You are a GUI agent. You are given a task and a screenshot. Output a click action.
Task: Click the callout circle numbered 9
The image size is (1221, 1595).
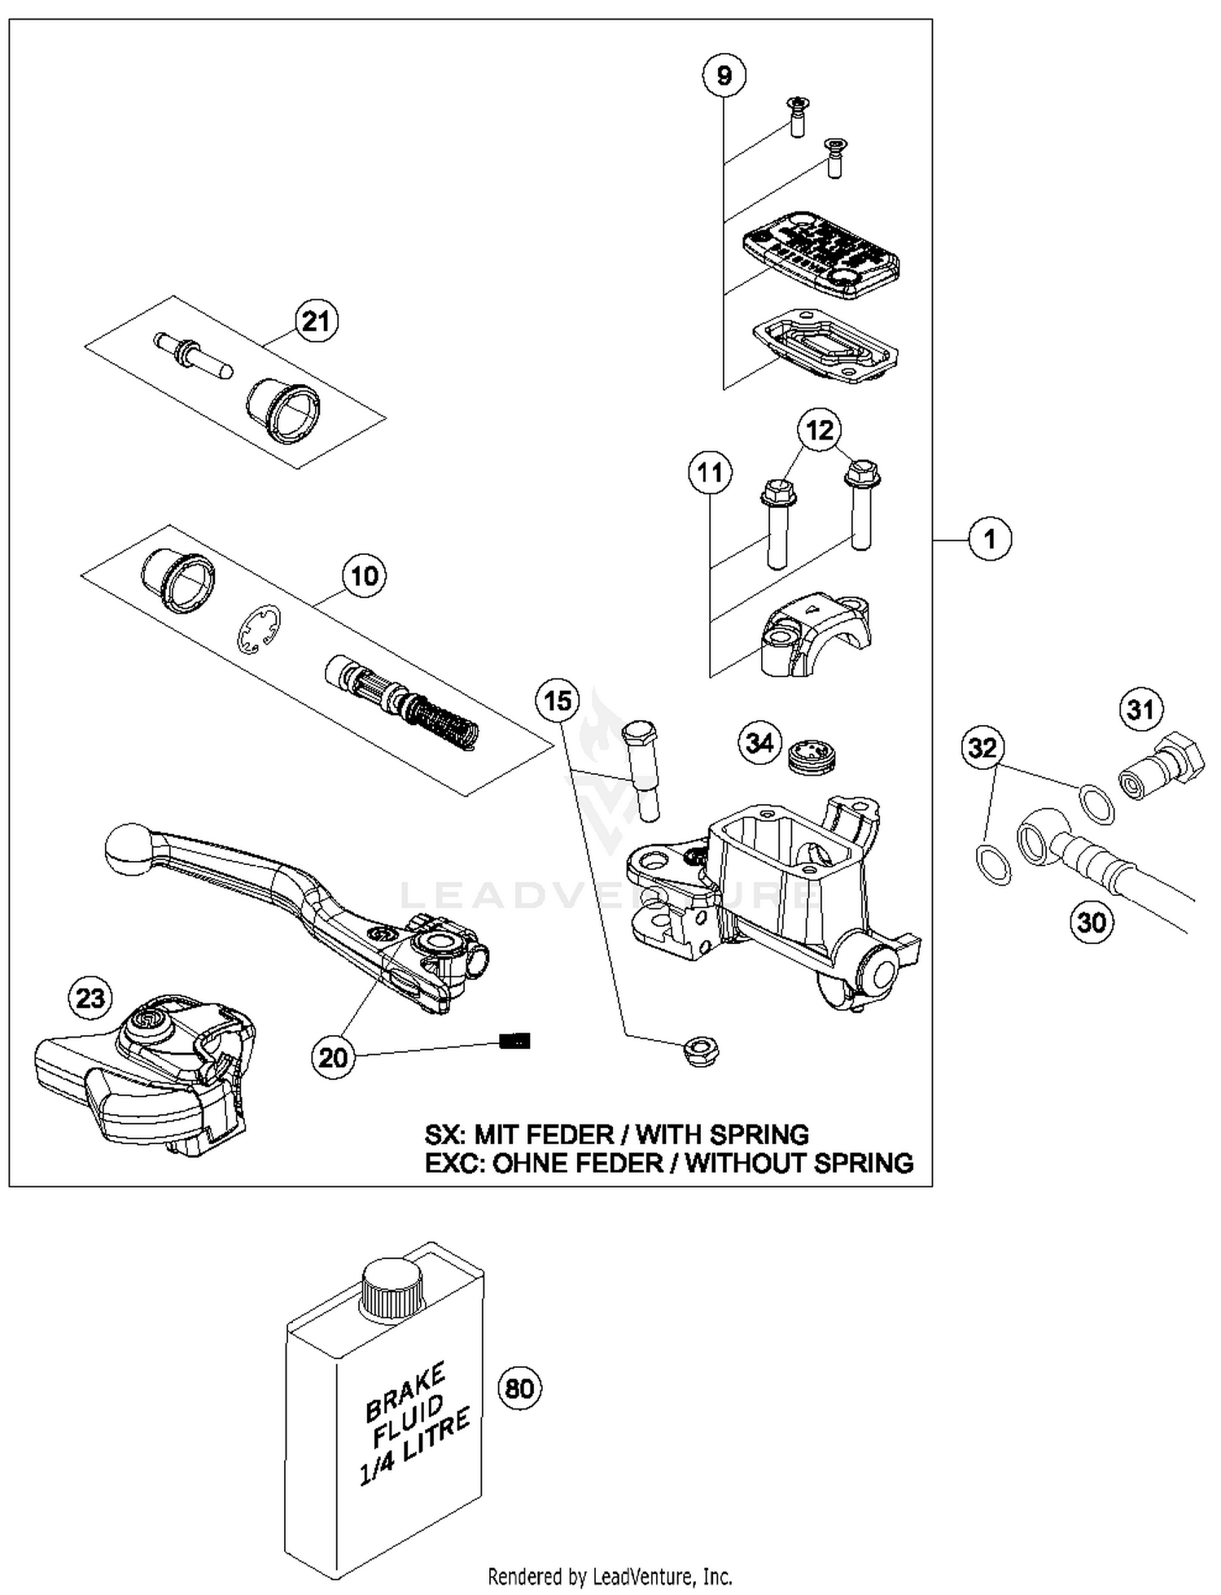pos(724,76)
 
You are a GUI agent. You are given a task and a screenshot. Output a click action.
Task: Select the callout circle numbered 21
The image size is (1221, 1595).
pos(316,321)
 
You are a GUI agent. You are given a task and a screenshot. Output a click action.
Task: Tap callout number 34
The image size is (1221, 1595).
pos(759,743)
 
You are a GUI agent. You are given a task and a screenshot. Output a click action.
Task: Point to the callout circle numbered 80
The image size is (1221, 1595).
pos(519,1387)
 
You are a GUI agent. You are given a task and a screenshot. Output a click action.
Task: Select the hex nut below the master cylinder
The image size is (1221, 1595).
pos(701,1051)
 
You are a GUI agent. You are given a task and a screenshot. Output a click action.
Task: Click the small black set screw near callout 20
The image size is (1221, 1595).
pos(514,1041)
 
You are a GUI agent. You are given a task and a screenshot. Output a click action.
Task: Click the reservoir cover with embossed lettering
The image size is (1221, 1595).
pos(821,256)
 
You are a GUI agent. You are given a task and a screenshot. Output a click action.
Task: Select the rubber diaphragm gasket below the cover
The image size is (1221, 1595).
pos(825,346)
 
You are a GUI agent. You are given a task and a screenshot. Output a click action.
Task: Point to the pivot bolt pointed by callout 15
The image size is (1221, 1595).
pos(641,769)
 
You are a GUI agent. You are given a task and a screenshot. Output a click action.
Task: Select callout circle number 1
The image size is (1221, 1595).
pos(990,540)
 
